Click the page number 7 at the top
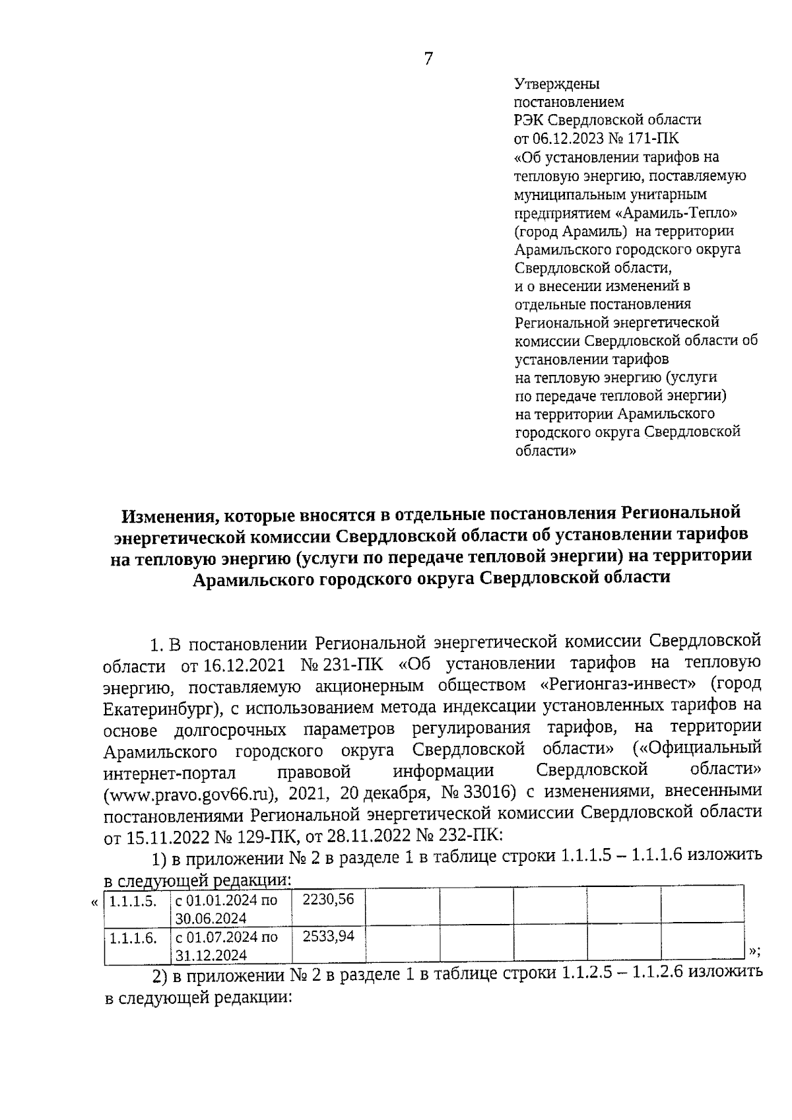point(428,59)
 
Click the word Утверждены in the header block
point(556,84)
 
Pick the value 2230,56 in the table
point(328,900)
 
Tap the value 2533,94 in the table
point(328,937)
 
